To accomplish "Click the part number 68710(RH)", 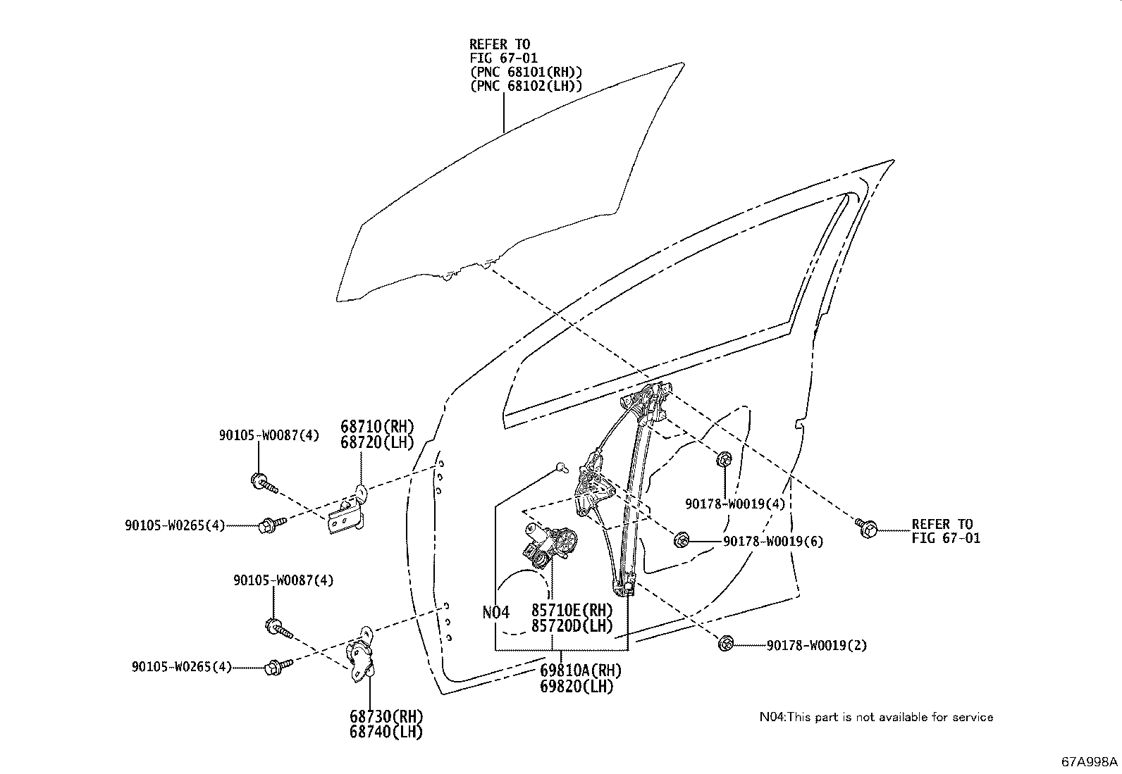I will pos(377,427).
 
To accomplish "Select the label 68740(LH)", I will pos(386,732).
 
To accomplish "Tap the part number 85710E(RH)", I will pos(572,610).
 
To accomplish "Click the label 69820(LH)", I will pos(577,686).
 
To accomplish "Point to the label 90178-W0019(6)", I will pos(772,542).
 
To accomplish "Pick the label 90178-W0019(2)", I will pos(817,645).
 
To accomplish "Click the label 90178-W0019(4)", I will pos(735,504).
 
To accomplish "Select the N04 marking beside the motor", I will pos(495,613).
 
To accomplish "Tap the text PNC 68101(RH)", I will pos(526,73).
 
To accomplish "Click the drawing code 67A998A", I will pos(1090,762).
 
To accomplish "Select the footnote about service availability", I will pos(876,717).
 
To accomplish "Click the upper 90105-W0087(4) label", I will pos(269,436).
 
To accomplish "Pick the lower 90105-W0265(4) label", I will pos(181,666).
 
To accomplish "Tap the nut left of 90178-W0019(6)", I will pos(682,540).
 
